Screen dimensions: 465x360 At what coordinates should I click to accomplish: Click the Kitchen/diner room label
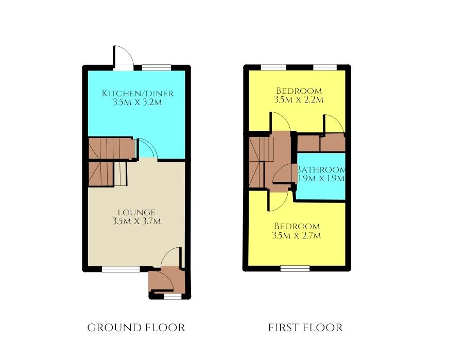click(137, 93)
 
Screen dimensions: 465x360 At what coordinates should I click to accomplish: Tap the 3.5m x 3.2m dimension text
click(137, 102)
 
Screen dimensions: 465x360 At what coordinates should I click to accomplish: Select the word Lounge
click(136, 213)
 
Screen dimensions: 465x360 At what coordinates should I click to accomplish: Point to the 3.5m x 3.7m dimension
click(136, 221)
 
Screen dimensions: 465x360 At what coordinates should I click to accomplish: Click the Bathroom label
click(321, 169)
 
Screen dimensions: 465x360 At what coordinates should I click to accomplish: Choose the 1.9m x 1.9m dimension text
click(321, 179)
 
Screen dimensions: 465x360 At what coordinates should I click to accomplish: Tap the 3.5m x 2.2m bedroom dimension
click(299, 99)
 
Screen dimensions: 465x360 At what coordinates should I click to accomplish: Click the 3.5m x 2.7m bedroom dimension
click(297, 236)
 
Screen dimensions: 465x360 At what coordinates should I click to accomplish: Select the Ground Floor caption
click(136, 328)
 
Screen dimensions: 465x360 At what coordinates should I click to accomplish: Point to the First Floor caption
click(305, 328)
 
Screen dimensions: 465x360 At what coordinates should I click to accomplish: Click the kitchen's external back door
click(123, 58)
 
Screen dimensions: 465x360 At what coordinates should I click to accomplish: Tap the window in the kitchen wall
click(157, 67)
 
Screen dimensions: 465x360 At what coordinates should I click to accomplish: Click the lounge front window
click(120, 269)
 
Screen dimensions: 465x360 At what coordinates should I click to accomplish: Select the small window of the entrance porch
click(173, 296)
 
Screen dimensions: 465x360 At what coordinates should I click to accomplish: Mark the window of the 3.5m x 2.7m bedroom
click(295, 269)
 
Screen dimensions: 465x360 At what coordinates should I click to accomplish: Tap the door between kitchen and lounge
click(146, 148)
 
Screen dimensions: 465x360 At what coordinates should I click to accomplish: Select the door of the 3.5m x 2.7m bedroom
click(278, 201)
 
